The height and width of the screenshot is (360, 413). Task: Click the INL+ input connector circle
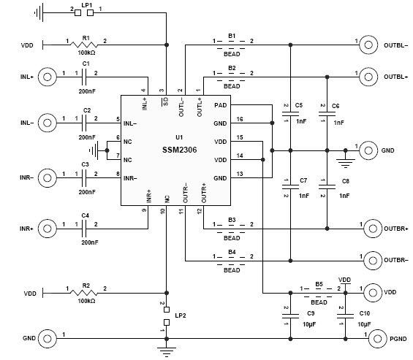[x=47, y=76]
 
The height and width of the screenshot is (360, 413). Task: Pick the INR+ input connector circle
[x=47, y=229]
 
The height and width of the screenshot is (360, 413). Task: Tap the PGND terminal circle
[x=376, y=339]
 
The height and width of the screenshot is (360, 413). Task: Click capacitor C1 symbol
[x=86, y=76]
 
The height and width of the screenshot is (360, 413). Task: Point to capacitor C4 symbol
[x=86, y=229]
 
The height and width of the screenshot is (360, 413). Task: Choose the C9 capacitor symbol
[x=286, y=315]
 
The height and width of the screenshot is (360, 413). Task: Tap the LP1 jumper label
[x=87, y=4]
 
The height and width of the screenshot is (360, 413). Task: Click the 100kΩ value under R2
[x=86, y=301]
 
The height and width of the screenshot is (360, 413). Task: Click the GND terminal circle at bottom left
[x=48, y=339]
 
